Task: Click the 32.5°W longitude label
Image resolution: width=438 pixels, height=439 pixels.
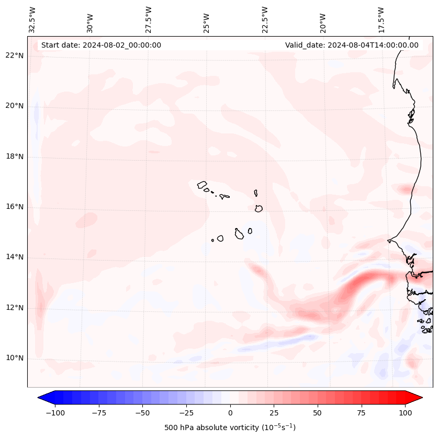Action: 32,19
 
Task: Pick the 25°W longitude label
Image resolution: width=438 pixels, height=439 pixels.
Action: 207,20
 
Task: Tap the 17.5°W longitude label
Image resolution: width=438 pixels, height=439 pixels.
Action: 381,19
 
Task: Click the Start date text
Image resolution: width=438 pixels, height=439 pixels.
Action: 101,45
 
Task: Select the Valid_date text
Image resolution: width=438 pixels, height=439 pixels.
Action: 352,45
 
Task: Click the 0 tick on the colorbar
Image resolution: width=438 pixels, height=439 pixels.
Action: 230,413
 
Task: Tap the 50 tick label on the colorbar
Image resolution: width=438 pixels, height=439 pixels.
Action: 318,413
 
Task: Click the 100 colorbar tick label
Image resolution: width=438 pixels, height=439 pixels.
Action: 405,413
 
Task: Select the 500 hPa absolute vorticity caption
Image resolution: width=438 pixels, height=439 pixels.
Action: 230,427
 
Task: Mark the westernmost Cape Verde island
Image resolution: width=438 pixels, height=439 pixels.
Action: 202,185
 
